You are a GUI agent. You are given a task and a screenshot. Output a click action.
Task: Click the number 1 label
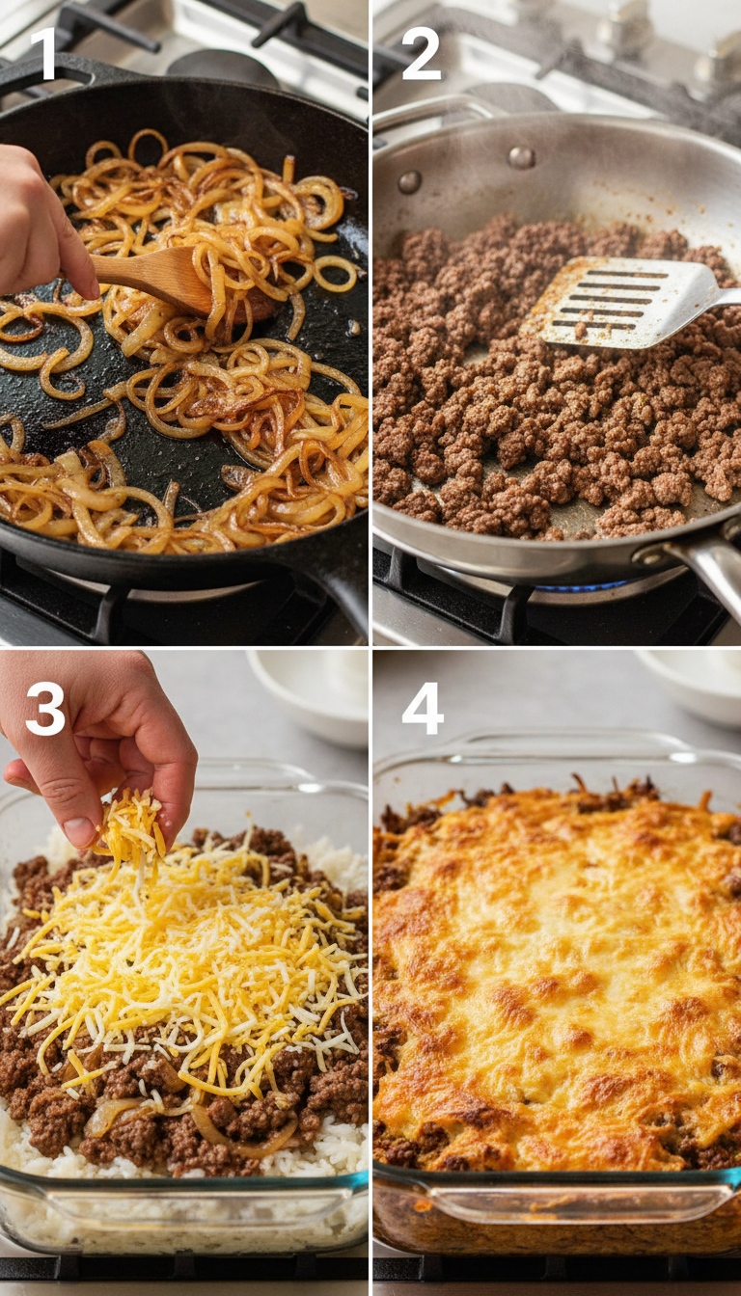coord(43,55)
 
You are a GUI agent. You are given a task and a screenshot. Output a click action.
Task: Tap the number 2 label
coord(421,55)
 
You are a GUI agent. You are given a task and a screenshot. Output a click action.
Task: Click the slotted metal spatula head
coord(617,302)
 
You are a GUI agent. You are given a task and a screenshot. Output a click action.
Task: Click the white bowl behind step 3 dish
coord(309,694)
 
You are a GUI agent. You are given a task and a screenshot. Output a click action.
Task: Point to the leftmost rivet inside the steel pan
coord(409,181)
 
